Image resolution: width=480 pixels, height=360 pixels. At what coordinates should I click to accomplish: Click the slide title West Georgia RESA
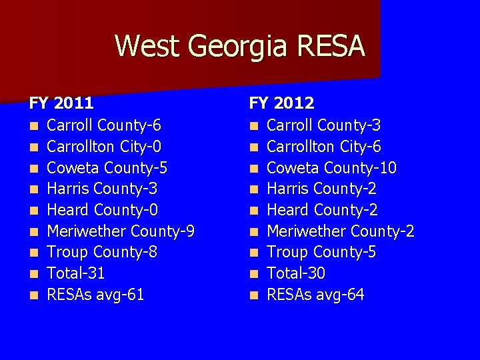pos(240,47)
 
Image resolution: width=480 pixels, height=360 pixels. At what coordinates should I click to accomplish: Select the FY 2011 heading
pos(61,103)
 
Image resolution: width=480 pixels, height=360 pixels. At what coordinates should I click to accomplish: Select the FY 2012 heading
pos(281,103)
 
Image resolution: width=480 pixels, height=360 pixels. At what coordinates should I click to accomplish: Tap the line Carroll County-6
pos(104,125)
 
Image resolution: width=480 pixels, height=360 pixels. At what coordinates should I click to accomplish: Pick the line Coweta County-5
pos(107,167)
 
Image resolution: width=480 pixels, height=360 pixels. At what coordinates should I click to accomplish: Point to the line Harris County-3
pos(102,189)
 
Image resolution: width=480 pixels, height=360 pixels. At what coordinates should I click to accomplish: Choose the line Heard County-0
pos(102,210)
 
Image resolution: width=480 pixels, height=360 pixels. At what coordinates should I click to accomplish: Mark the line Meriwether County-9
pos(121,231)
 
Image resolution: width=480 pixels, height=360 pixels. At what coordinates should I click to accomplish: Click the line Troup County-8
pos(102,252)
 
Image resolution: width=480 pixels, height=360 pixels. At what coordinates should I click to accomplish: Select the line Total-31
pos(76,273)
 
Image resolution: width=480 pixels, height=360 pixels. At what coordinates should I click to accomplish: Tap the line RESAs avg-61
pos(95,295)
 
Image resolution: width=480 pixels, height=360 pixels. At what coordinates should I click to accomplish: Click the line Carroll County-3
pos(324,125)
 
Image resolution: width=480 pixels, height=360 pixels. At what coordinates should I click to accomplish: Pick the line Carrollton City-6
pos(323,146)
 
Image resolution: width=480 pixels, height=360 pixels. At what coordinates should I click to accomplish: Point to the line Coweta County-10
pos(331,167)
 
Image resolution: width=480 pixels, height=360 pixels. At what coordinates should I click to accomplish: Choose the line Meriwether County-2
pos(341,231)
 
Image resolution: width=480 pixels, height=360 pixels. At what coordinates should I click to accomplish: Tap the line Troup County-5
pos(322,252)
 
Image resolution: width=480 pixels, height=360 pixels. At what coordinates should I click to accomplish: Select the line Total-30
pos(296,273)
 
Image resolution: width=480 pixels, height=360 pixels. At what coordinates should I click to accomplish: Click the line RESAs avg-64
pos(315,295)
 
